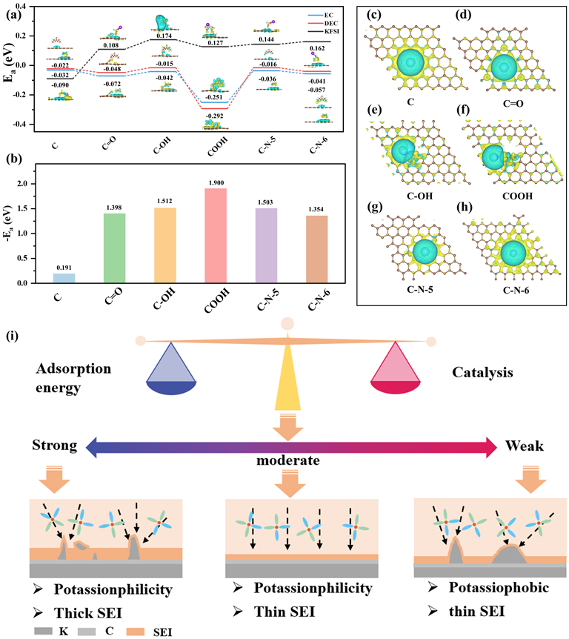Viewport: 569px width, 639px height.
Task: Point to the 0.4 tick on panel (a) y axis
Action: (x=29, y=6)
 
